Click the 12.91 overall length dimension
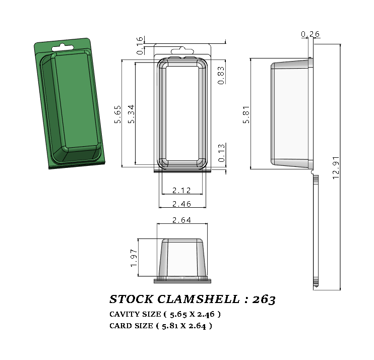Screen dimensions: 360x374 pyautogui.click(x=336, y=166)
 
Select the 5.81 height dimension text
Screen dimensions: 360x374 pyautogui.click(x=246, y=114)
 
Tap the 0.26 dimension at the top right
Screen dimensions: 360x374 pyautogui.click(x=310, y=34)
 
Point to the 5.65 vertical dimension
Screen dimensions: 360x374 pyautogui.click(x=117, y=114)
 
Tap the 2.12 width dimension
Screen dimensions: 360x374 pyautogui.click(x=181, y=190)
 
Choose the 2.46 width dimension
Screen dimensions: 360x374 pyautogui.click(x=181, y=204)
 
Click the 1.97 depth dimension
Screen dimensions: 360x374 pyautogui.click(x=134, y=258)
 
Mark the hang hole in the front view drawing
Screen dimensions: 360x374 pyautogui.click(x=181, y=50)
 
